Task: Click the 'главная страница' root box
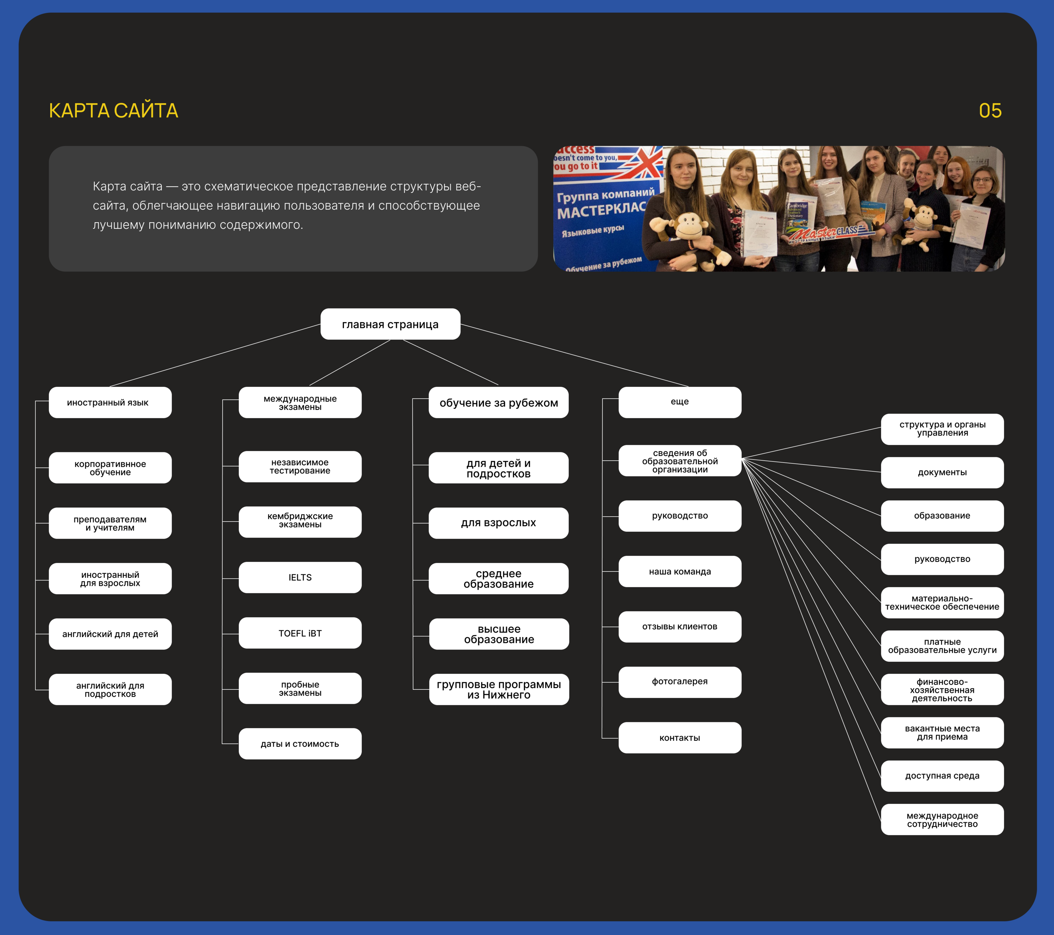390,324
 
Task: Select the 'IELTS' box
300,577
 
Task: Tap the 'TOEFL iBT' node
300,633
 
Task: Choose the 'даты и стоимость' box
300,744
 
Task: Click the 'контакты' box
680,737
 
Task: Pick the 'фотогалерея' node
680,681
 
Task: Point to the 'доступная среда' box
942,776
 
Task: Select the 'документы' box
942,472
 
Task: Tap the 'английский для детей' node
110,634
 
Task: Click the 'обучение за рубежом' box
499,403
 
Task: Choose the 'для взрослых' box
499,523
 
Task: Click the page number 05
990,111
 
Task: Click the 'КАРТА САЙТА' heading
113,111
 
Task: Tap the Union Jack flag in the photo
645,162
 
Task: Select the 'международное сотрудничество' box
942,819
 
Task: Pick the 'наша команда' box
680,571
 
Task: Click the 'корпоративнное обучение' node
110,467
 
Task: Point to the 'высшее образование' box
499,634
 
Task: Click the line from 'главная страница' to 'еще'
574,355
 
